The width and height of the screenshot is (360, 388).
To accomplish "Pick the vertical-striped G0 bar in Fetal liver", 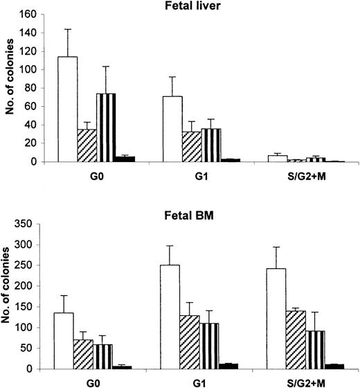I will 105,127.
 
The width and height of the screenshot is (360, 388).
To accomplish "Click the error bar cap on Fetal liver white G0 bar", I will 67,29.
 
